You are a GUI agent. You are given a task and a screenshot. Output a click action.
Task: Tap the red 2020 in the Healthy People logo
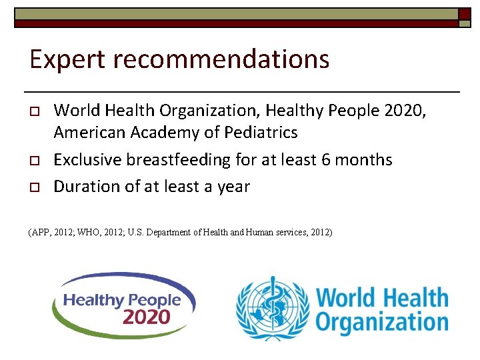(x=147, y=315)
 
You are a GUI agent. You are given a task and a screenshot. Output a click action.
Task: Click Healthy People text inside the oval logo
(x=122, y=300)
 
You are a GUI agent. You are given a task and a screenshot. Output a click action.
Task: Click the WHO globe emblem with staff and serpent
(x=272, y=309)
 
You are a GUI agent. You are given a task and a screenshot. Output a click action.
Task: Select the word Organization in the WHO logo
(x=382, y=322)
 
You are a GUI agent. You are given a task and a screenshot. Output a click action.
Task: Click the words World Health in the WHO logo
(x=382, y=296)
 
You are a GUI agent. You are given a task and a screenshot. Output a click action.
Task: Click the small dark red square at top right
(x=465, y=13)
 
